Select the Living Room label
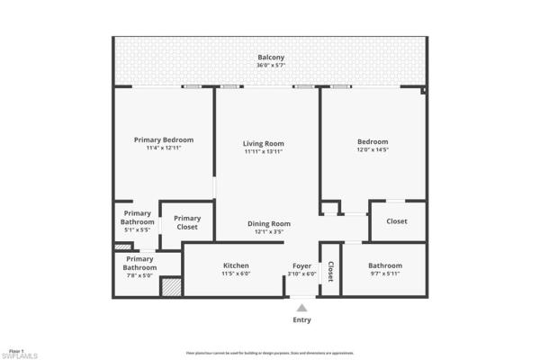click(264, 143)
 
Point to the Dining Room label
click(269, 223)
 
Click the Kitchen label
click(236, 265)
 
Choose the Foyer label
click(301, 265)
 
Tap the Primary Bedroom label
click(164, 139)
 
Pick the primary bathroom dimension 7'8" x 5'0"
click(139, 275)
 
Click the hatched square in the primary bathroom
click(170, 287)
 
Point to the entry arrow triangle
click(301, 307)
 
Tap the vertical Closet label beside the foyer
click(330, 271)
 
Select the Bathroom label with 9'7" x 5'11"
click(384, 265)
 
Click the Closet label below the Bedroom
click(397, 220)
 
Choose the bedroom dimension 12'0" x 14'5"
click(373, 150)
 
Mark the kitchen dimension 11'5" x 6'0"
click(236, 274)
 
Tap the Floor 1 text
click(14, 348)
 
